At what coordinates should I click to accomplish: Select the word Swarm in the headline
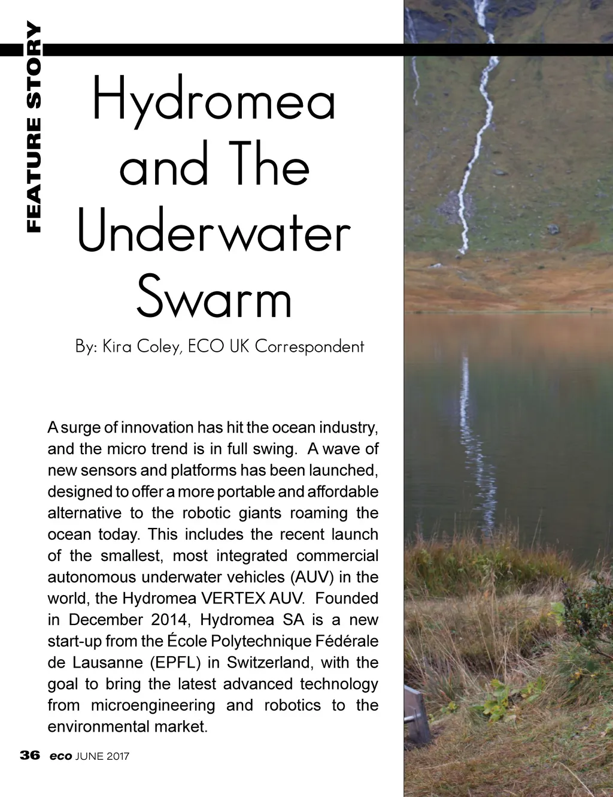(x=214, y=298)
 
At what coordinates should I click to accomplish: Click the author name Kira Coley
(x=142, y=346)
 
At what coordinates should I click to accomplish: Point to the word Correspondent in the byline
(x=309, y=346)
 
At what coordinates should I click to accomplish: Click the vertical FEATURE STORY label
(x=34, y=126)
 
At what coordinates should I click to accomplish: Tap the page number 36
(x=30, y=755)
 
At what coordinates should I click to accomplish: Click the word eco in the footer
(x=60, y=756)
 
